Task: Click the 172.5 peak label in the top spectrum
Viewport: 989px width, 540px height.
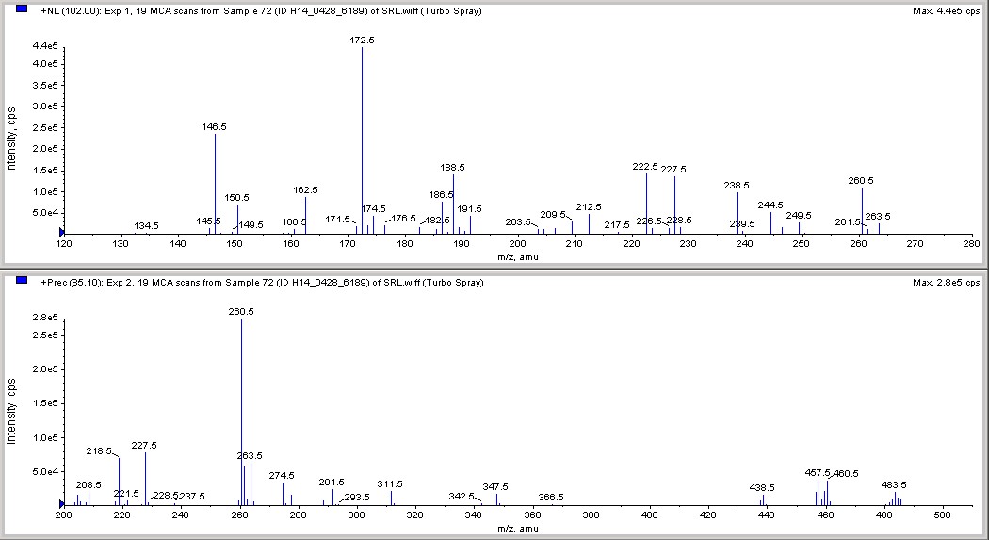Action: pyautogui.click(x=362, y=41)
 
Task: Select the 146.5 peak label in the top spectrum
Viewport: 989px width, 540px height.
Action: pyautogui.click(x=214, y=126)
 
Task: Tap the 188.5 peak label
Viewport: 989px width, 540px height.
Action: pyautogui.click(x=453, y=167)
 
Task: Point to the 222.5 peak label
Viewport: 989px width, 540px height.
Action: pyautogui.click(x=645, y=166)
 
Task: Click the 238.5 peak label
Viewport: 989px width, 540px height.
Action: pyautogui.click(x=737, y=186)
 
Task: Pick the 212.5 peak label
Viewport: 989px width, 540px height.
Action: pyautogui.click(x=589, y=206)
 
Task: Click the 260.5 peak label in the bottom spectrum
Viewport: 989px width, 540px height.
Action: pyautogui.click(x=241, y=311)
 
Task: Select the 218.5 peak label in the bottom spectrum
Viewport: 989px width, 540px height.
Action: pyautogui.click(x=100, y=451)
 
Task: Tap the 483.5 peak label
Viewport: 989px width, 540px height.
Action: pyautogui.click(x=894, y=484)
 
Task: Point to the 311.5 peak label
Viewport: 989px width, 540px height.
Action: pyautogui.click(x=390, y=483)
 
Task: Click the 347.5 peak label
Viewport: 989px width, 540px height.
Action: pyautogui.click(x=495, y=486)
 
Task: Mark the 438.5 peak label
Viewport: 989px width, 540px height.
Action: pyautogui.click(x=762, y=487)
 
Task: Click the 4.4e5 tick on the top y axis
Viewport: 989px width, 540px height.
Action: pyautogui.click(x=44, y=46)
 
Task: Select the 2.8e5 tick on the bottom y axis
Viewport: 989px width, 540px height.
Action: pyautogui.click(x=44, y=318)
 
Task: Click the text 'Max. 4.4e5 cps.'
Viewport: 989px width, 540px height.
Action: pyautogui.click(x=947, y=10)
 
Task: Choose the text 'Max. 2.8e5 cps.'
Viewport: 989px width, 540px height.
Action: pyautogui.click(x=947, y=282)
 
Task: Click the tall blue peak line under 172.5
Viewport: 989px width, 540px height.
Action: pyautogui.click(x=363, y=141)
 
